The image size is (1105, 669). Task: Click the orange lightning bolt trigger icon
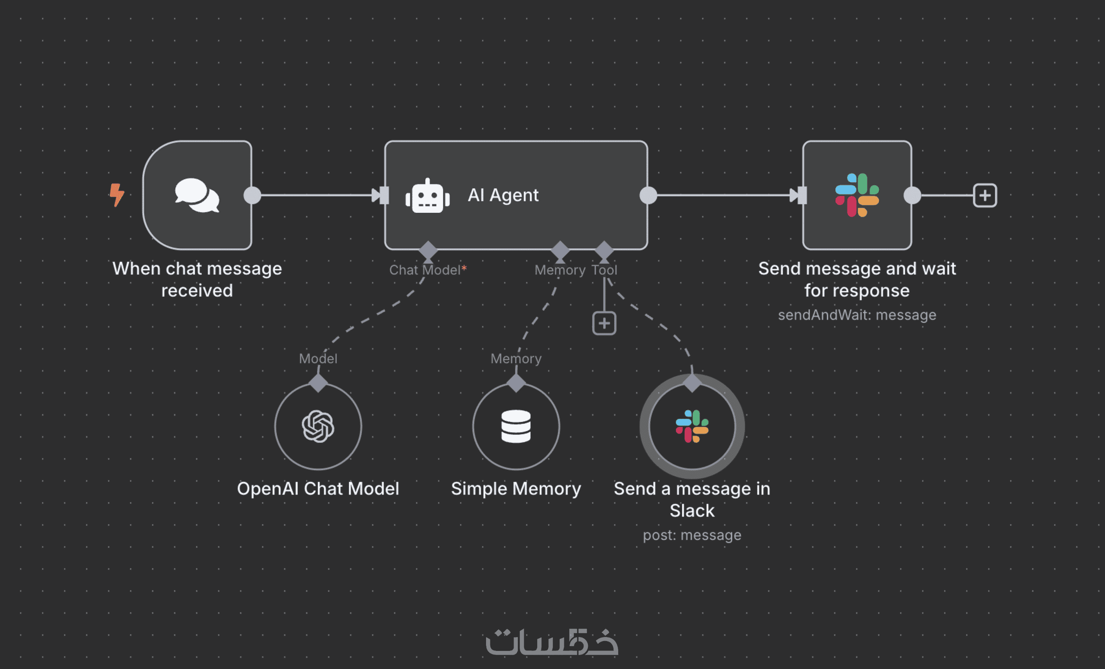tap(117, 195)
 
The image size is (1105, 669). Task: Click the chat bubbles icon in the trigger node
tap(197, 196)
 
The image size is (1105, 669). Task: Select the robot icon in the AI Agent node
tap(427, 196)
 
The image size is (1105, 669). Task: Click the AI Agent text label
tap(503, 195)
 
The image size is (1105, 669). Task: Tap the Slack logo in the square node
tap(856, 195)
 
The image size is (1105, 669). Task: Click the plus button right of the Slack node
tap(985, 195)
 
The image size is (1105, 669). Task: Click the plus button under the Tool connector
tap(604, 323)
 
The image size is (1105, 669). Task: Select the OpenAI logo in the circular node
tap(318, 426)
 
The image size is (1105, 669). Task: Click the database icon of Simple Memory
tap(516, 426)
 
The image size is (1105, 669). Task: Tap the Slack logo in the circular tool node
tap(692, 426)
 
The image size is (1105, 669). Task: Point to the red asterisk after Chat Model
tap(464, 269)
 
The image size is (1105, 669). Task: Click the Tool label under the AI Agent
tap(604, 270)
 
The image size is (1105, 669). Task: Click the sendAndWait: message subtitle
tap(856, 315)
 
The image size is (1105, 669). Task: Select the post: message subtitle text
tap(692, 535)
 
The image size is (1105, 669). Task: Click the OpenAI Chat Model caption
tap(318, 489)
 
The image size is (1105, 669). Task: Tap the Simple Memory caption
tap(516, 489)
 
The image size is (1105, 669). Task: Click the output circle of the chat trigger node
tap(252, 195)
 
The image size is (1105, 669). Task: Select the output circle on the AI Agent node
tap(648, 195)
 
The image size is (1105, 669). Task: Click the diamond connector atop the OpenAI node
tap(318, 383)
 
